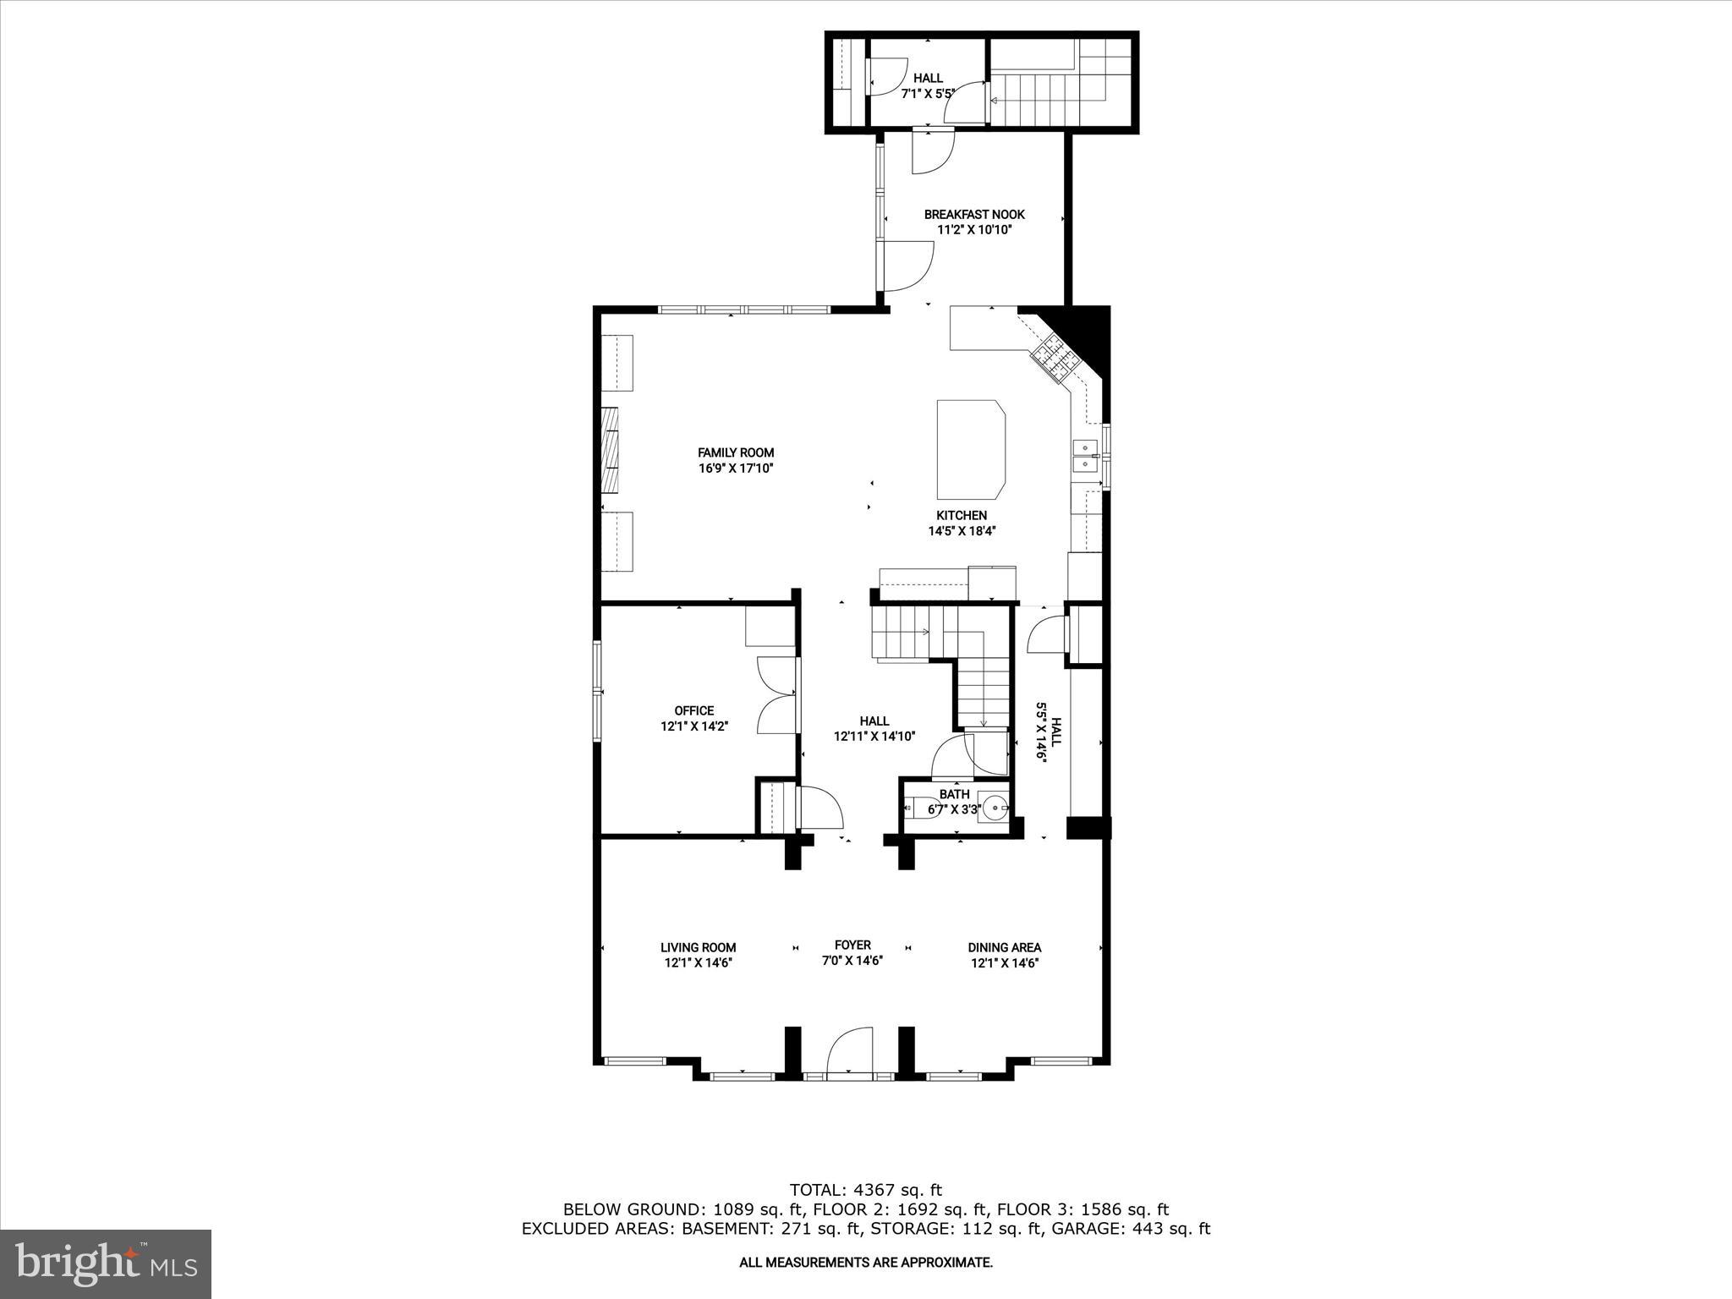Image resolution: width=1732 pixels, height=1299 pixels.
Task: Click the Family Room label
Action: [x=735, y=452]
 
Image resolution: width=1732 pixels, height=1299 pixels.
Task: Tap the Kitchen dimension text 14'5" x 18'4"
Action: [x=962, y=531]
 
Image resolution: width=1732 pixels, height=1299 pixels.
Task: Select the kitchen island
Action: [x=971, y=450]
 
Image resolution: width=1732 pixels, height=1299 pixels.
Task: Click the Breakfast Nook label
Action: [x=973, y=214]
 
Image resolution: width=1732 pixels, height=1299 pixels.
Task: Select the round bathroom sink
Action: [x=995, y=806]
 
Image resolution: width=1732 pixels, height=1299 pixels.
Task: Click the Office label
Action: [x=693, y=710]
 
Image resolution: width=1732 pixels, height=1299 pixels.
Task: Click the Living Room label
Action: [x=698, y=947]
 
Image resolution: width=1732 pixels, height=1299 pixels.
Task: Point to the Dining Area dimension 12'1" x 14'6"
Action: [x=1004, y=962]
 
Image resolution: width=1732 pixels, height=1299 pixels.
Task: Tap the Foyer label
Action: [x=852, y=945]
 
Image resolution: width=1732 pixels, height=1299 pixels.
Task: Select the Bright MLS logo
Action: [x=106, y=1263]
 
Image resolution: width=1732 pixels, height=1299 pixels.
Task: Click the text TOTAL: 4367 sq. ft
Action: [x=865, y=1190]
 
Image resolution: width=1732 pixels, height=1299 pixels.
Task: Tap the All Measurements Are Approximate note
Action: [x=865, y=1263]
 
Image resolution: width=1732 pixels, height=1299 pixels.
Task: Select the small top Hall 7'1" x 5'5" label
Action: [x=928, y=85]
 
